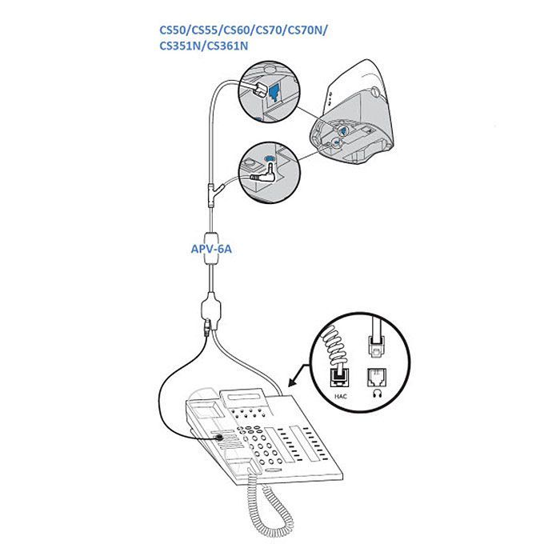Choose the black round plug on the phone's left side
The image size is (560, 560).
point(218,437)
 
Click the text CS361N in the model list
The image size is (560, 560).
point(227,47)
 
